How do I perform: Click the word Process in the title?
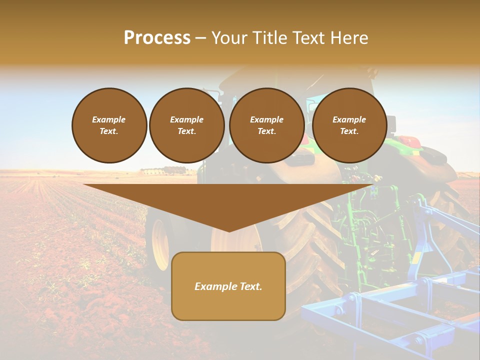pos(157,38)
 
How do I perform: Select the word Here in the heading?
pos(348,38)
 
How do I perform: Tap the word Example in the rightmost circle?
pos(349,119)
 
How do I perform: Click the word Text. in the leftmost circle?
pos(109,131)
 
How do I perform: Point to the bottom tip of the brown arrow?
pos(229,231)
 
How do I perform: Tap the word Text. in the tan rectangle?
pos(251,286)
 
